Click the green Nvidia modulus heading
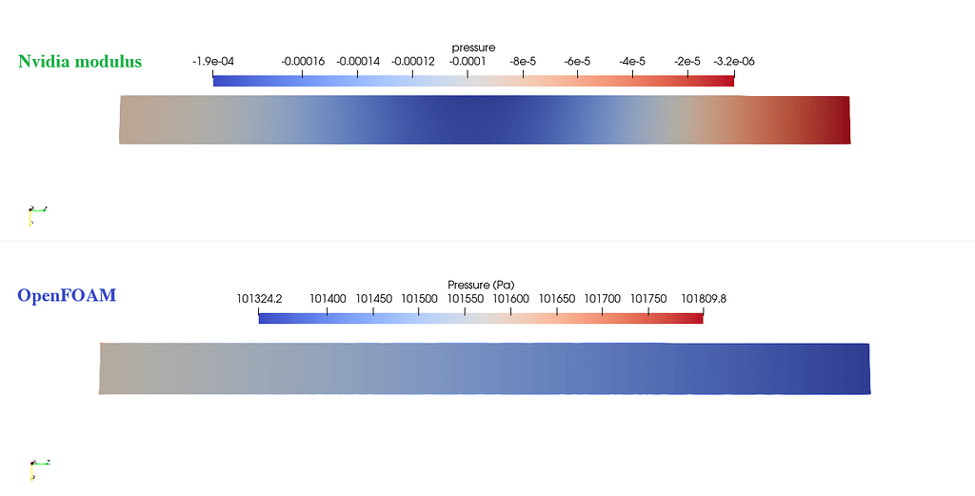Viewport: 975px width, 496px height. click(x=80, y=62)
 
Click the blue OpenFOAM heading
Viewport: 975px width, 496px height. click(x=67, y=296)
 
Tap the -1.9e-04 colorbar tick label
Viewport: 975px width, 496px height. click(x=213, y=61)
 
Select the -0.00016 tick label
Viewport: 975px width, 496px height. click(x=303, y=61)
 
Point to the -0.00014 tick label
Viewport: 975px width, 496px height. click(x=358, y=61)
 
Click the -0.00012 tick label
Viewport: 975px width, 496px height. click(x=412, y=61)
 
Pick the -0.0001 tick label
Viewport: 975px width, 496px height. click(x=468, y=61)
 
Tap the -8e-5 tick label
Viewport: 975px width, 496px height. click(x=523, y=61)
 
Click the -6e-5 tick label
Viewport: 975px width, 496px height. click(x=577, y=61)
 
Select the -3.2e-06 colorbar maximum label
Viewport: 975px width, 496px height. click(x=733, y=61)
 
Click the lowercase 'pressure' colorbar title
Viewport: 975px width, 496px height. click(x=473, y=48)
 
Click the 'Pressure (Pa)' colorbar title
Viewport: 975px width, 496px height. click(x=481, y=285)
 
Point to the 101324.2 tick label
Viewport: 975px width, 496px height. click(x=259, y=299)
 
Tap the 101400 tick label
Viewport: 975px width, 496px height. click(x=328, y=299)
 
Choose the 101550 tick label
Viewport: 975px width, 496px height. click(x=466, y=299)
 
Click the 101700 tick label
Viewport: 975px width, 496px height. click(x=603, y=299)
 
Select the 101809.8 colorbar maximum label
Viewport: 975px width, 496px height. click(x=704, y=299)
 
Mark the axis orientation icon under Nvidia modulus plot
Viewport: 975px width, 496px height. click(x=36, y=213)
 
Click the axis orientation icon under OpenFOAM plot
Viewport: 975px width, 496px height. click(x=38, y=466)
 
